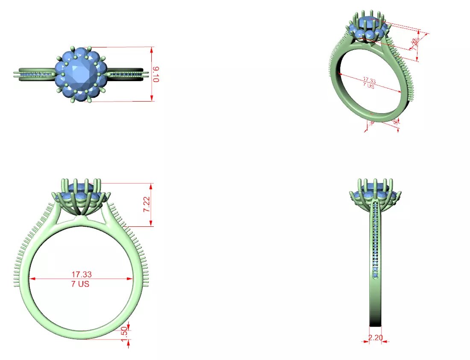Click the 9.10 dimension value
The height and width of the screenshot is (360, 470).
pyautogui.click(x=156, y=74)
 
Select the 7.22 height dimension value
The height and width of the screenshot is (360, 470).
pyautogui.click(x=146, y=205)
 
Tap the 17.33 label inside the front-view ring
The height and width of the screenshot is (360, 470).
pyautogui.click(x=81, y=274)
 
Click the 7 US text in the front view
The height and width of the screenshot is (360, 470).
pyautogui.click(x=80, y=284)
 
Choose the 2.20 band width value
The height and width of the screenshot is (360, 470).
pyautogui.click(x=375, y=337)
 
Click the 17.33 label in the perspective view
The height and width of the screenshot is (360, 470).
pyautogui.click(x=369, y=80)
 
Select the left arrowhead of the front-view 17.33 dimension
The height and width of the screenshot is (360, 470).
pyautogui.click(x=31, y=279)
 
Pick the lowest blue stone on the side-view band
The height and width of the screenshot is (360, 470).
pyautogui.click(x=376, y=276)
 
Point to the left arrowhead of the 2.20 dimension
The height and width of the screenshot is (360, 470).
pyautogui.click(x=368, y=341)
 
